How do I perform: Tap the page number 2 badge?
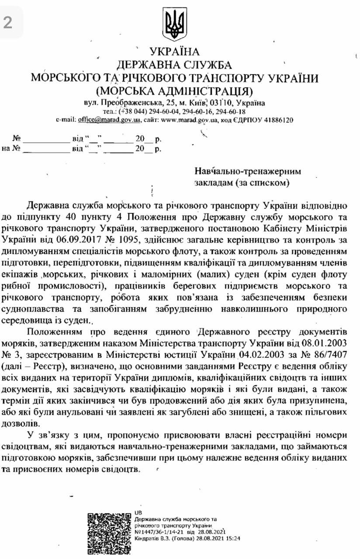[8, 22]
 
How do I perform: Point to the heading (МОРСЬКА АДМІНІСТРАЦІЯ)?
[174, 91]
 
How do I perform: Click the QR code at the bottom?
[108, 533]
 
